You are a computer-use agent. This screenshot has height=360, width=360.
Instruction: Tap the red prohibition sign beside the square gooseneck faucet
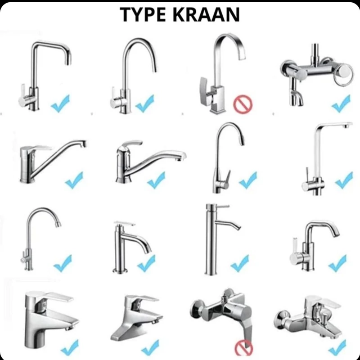coord(243,104)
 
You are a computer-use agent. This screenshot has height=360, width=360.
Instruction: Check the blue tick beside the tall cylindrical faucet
coord(240,263)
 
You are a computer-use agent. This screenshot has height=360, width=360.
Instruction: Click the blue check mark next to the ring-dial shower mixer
coord(341,103)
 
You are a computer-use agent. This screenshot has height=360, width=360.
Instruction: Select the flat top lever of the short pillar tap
coord(124,223)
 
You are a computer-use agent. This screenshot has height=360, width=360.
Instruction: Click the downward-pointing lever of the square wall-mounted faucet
coord(246,331)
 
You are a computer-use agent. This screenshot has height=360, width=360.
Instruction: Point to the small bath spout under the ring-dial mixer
coord(297,98)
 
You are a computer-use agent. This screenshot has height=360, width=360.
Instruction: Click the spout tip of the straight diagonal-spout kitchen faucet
coord(84,144)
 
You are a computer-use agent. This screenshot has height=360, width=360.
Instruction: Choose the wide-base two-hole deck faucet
coord(137,318)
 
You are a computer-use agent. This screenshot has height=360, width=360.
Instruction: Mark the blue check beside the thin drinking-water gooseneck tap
coord(63,263)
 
